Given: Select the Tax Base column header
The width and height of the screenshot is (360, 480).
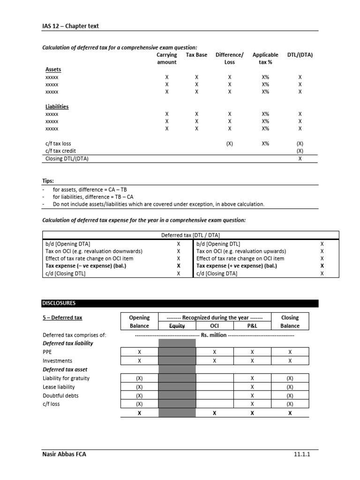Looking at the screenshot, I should click(196, 55).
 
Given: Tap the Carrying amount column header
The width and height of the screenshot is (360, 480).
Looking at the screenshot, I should click(166, 58).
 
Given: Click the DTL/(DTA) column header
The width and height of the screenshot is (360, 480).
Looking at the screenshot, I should click(300, 55).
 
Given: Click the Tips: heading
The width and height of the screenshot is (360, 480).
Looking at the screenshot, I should click(48, 180).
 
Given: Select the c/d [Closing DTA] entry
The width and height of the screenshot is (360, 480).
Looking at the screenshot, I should click(217, 273).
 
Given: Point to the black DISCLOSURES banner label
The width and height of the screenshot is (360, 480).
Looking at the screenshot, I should click(59, 303).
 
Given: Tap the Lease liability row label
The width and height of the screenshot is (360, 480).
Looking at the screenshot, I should click(59, 387).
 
